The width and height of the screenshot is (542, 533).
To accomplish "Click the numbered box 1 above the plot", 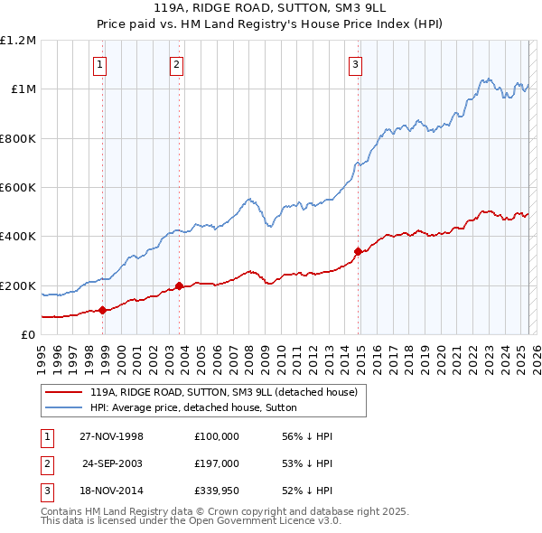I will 98,64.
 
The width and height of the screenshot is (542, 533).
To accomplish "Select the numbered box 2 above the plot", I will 176,64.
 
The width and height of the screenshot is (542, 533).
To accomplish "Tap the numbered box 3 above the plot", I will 356,64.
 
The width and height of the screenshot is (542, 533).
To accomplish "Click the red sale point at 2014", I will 359,251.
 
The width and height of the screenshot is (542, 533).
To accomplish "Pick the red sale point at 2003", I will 180,286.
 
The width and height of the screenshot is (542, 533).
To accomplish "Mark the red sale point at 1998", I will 103,310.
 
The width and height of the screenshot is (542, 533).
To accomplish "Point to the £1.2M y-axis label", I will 18,41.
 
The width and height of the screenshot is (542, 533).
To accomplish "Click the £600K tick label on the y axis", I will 18,188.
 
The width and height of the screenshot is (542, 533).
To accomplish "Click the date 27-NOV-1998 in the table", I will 112,436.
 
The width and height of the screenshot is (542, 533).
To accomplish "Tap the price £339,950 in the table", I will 216,492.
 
